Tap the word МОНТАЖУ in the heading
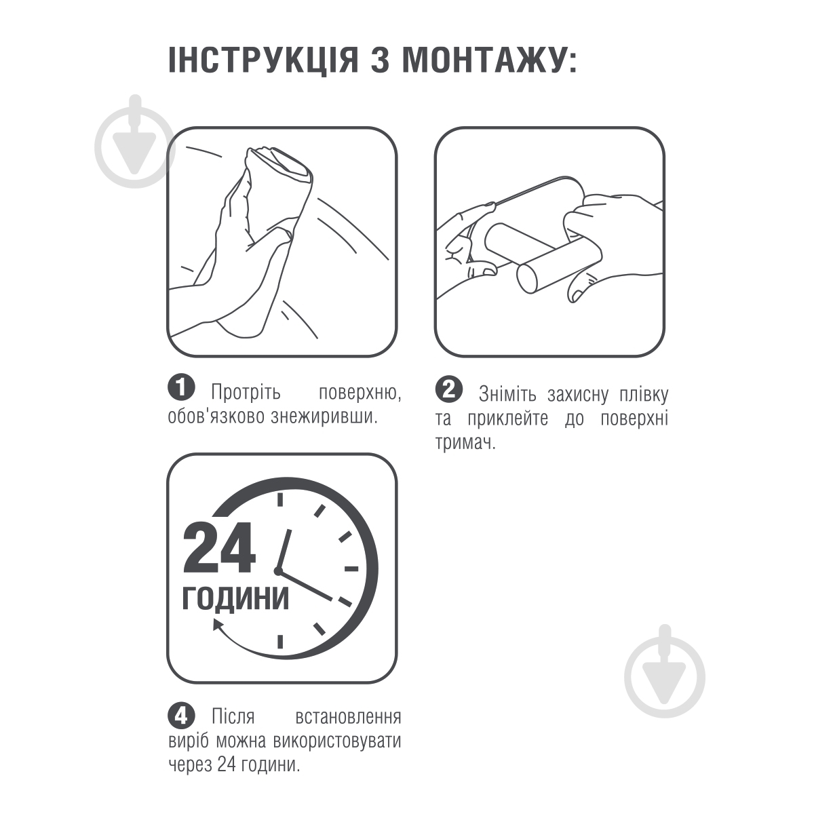[483, 60]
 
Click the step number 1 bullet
[181, 387]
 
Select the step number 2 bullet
[448, 388]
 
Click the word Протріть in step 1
[246, 393]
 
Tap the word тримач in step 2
[465, 443]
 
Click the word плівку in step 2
[644, 395]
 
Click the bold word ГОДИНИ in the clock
[235, 598]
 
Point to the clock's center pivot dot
[278, 571]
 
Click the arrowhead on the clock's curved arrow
[219, 625]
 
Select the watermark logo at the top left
[135, 141]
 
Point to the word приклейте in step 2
[508, 419]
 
